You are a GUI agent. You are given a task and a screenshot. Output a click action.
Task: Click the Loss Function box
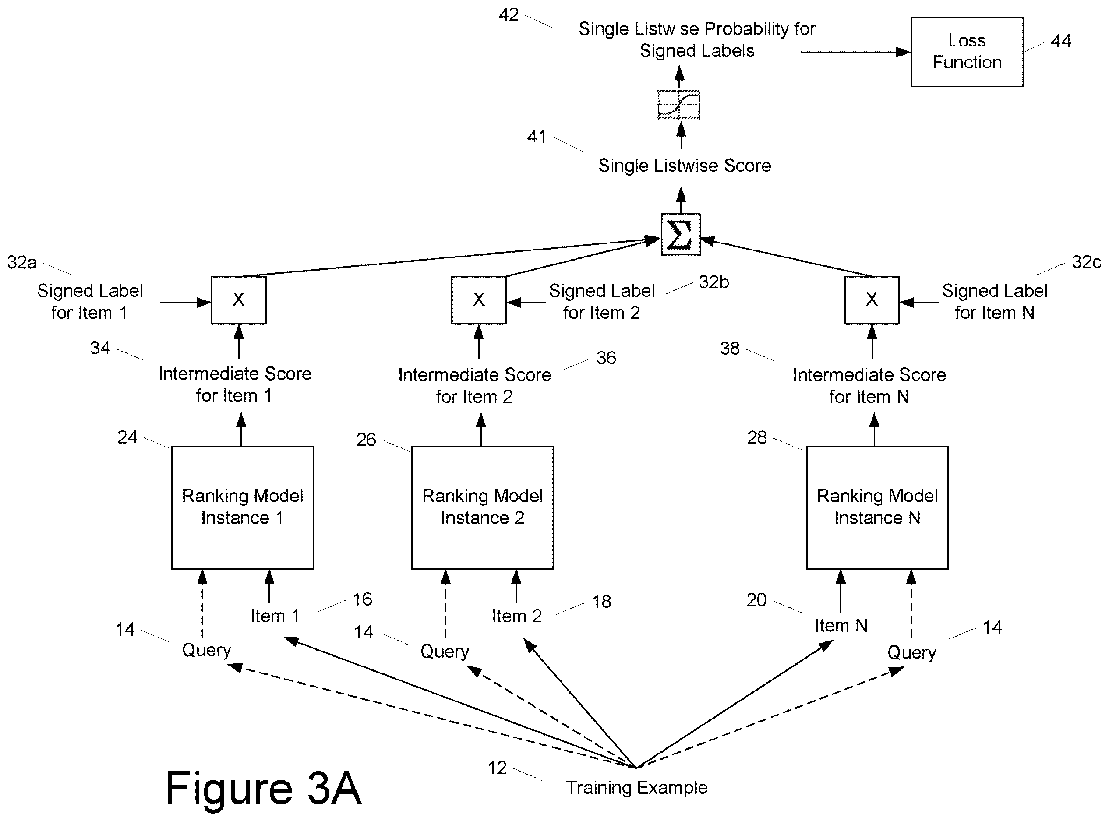966,52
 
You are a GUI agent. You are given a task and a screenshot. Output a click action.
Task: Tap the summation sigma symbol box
681,234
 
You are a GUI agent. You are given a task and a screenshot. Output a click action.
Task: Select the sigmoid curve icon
678,104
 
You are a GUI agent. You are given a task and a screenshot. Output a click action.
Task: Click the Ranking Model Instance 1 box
243,507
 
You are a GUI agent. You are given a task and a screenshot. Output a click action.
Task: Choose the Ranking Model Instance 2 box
482,507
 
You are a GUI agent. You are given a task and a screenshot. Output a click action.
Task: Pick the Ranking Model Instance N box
877,507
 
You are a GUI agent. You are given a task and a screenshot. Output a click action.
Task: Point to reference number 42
509,15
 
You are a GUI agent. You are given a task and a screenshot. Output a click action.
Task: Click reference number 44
1060,41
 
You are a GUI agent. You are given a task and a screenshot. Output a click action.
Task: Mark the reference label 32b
714,282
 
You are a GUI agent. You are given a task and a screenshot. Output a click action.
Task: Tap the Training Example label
637,788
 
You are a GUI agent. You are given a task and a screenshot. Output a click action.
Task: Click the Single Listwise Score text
685,166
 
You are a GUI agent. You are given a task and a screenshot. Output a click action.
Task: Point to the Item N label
841,625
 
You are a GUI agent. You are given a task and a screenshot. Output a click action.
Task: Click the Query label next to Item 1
206,651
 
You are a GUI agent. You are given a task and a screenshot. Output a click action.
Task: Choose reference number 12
497,768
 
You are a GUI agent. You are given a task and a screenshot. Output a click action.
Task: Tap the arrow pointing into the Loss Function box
855,52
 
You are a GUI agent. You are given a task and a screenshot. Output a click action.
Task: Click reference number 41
537,137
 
